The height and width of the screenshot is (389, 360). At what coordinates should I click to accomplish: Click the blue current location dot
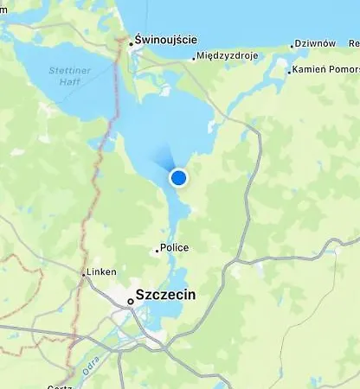coord(178,178)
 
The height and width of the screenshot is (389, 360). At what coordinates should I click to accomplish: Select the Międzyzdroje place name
coord(228,58)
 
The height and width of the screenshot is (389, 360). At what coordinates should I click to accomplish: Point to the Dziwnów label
coord(316,43)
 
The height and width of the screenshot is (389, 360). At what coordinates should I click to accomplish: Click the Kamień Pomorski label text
coord(327,69)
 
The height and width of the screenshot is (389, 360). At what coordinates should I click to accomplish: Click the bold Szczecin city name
coord(166,295)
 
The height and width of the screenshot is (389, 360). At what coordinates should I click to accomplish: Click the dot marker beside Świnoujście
coord(131,42)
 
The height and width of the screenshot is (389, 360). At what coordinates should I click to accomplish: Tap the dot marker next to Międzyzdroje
coord(194,59)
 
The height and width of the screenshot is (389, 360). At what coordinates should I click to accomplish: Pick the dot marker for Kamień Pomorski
coord(289,71)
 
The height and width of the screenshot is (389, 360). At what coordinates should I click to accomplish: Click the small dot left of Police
coord(157,250)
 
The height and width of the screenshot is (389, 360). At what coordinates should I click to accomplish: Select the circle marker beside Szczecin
coord(130,301)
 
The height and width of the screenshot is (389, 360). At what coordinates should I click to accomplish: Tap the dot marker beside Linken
coord(84,274)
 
